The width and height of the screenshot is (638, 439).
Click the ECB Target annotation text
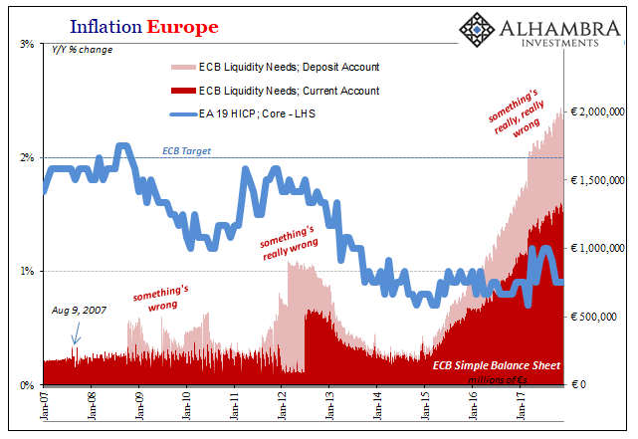click(185, 151)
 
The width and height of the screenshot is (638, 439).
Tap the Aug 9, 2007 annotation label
click(79, 311)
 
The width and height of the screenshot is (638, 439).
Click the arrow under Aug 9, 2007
click(75, 336)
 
